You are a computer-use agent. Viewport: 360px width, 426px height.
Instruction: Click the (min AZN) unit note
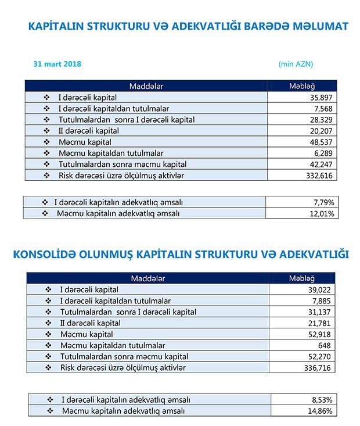tap(296, 64)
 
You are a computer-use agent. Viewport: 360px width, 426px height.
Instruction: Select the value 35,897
tap(320, 98)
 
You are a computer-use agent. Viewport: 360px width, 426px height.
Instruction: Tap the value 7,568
tap(323, 109)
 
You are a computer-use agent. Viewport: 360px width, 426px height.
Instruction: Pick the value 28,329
tap(320, 120)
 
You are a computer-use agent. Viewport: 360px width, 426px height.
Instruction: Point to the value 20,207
tap(320, 131)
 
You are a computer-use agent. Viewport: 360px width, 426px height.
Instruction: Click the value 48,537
tap(320, 142)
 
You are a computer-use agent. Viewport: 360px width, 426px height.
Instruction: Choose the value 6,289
tap(323, 153)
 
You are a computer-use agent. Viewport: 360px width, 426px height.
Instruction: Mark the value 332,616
tap(318, 175)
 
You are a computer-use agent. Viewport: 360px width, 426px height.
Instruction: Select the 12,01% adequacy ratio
tap(321, 213)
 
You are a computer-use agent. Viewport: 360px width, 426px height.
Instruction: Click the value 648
tap(326, 345)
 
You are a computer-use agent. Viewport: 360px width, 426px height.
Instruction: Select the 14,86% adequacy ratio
tap(321, 411)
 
